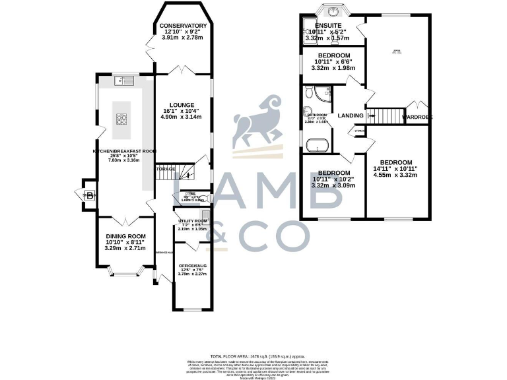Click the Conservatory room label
(184, 26)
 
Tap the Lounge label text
(181, 105)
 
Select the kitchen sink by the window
(122, 80)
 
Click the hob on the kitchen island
(123, 119)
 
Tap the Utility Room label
(192, 220)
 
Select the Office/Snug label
(193, 265)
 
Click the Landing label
(350, 115)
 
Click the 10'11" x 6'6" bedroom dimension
(334, 61)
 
